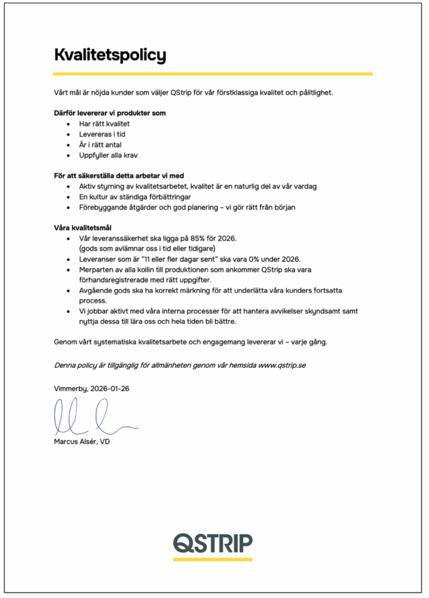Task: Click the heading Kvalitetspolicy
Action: click(110, 55)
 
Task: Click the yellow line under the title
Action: click(213, 74)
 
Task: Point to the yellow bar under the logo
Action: click(213, 559)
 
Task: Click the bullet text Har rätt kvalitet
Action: click(104, 124)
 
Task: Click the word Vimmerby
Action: click(70, 388)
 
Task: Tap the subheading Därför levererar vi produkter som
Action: click(109, 113)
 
